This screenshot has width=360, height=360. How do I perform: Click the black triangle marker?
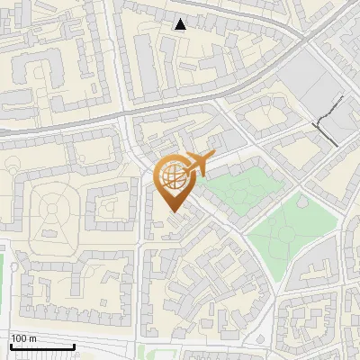[181, 24]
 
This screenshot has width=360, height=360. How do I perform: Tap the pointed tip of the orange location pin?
[173, 212]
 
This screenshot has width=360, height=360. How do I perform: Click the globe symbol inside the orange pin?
[172, 178]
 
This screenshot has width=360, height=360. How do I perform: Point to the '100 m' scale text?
[23, 338]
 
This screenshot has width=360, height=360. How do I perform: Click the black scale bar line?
[41, 346]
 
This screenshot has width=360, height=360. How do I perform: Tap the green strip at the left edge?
[2, 279]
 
